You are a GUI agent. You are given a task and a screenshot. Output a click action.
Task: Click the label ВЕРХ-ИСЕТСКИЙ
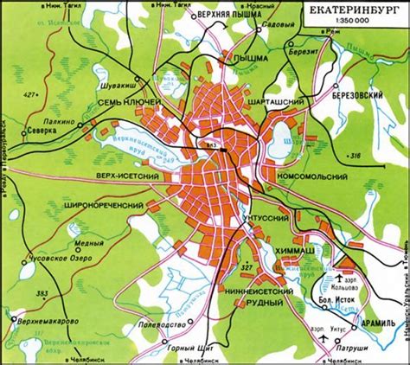tap(125, 176)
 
